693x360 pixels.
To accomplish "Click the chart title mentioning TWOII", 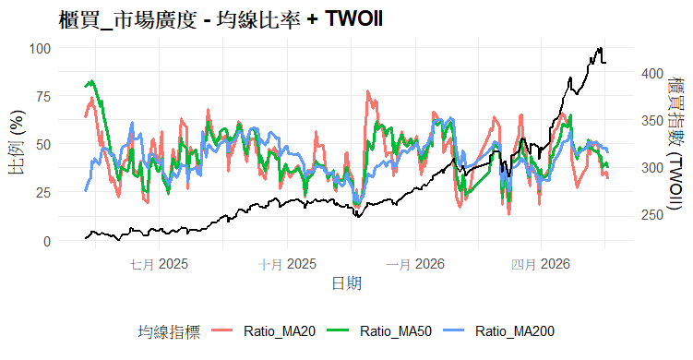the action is pos(221,19).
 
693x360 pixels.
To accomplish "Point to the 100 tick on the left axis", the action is pos(40,48).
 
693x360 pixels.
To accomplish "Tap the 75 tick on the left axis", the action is pos(43,96).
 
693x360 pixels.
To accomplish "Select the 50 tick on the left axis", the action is pos(43,144).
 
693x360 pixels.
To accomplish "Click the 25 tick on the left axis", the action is pos(43,193).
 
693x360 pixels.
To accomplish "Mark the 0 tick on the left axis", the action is pos(47,242).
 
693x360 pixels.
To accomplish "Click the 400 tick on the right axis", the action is pos(652,74).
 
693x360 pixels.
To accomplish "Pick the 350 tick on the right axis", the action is pos(652,121).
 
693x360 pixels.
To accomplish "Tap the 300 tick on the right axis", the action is pos(652,168).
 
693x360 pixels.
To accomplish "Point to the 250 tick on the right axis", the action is pos(652,215).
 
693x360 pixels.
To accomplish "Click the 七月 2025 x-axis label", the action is pos(159,264).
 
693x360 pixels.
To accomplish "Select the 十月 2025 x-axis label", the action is pos(287,264).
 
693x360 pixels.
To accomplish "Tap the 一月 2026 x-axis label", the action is pos(415,264).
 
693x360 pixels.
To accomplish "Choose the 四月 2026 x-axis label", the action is pos(541,264).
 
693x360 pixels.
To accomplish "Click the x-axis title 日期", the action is pos(347,283).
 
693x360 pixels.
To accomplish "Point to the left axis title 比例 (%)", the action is pos(18,142).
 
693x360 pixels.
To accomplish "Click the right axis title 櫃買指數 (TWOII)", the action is pos(675,143).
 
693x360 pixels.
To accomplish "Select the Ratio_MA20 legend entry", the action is pos(264,331).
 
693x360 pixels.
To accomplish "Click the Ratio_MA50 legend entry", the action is pos(379,331).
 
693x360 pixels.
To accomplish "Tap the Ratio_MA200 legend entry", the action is pos(498,331).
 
